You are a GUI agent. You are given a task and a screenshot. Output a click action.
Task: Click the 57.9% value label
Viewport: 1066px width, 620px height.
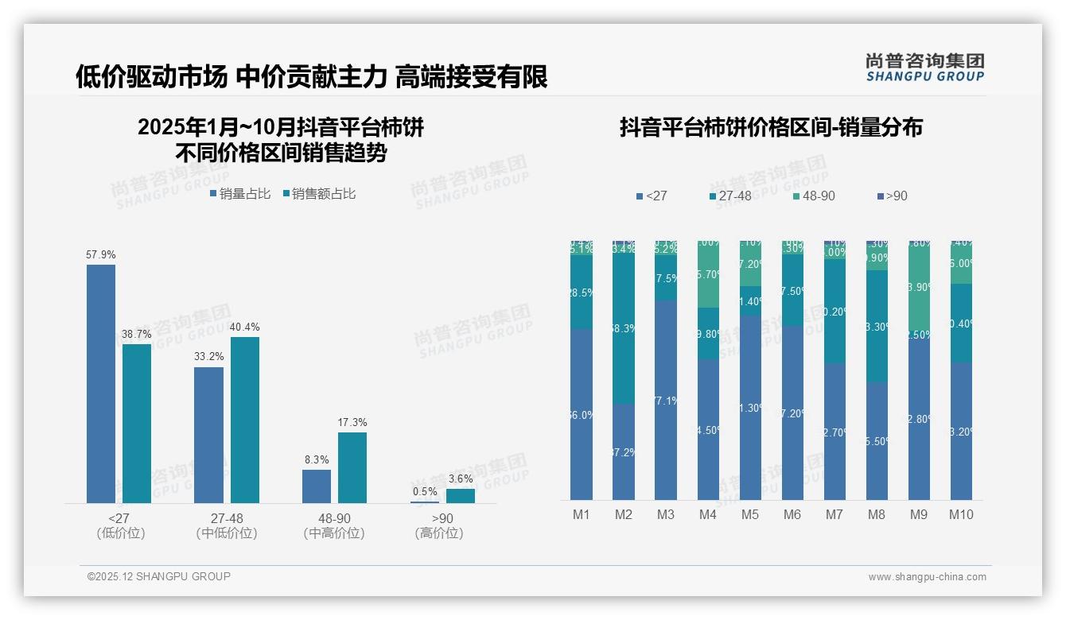(x=101, y=255)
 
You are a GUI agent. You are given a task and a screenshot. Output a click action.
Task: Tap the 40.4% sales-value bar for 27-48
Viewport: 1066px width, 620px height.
(x=245, y=420)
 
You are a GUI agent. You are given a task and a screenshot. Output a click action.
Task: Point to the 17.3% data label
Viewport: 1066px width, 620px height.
(x=352, y=423)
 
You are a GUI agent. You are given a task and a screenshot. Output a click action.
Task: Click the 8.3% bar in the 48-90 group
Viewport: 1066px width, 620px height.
(x=317, y=486)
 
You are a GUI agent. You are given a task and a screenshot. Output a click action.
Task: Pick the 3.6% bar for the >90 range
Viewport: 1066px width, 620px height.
(x=460, y=496)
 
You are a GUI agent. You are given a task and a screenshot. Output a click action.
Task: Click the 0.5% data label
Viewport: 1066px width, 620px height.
(x=425, y=491)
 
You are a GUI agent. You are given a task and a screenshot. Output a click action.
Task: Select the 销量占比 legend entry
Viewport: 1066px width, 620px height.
(x=239, y=194)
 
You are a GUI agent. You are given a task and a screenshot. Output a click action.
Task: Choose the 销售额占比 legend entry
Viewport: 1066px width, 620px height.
(x=318, y=194)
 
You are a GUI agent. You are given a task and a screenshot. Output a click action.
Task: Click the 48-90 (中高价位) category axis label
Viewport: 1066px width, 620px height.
(x=334, y=525)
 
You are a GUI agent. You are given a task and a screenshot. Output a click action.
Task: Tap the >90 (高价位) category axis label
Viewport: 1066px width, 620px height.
(x=439, y=525)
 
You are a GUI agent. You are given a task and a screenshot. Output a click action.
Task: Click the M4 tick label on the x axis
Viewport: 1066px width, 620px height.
(x=708, y=515)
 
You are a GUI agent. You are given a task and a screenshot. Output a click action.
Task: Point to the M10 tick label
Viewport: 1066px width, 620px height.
(x=961, y=515)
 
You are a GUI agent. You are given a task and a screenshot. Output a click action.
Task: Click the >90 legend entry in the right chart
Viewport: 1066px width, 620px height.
(x=891, y=196)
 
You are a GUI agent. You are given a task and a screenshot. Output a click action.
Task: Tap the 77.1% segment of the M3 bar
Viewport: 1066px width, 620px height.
(x=666, y=400)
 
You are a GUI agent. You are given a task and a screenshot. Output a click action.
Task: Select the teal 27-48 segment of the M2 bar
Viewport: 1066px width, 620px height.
(x=624, y=329)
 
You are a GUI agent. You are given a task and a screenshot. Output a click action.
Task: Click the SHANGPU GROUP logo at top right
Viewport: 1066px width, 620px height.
(x=924, y=67)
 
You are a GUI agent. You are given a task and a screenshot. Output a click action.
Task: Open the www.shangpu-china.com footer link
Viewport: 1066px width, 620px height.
(x=927, y=577)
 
